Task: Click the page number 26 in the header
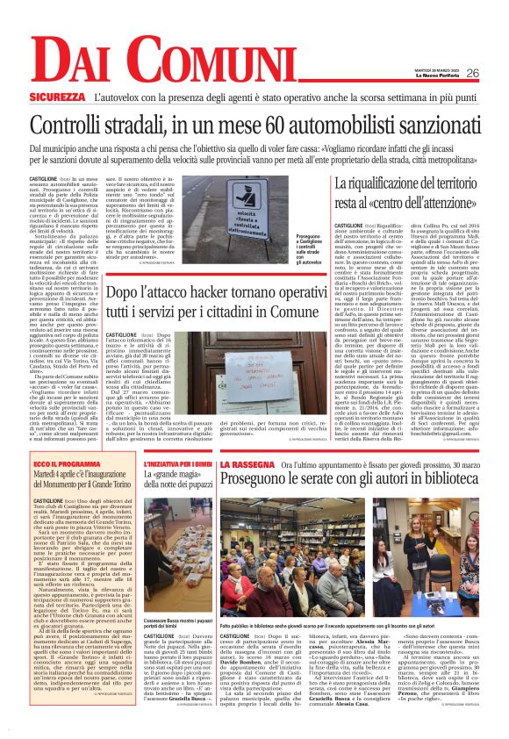(472, 73)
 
